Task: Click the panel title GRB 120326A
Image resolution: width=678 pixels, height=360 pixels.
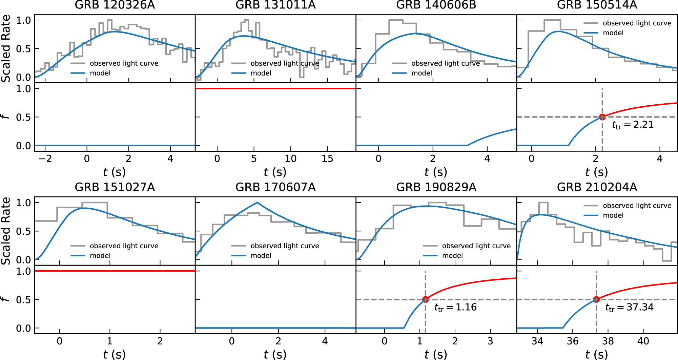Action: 115,5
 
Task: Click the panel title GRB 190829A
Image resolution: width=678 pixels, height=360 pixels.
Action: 436,187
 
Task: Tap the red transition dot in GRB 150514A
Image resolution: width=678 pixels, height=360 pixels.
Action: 602,117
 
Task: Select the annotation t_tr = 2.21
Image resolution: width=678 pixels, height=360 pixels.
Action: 633,125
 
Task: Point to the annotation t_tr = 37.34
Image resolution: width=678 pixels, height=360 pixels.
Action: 629,308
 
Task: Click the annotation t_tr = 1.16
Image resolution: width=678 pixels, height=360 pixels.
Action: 455,308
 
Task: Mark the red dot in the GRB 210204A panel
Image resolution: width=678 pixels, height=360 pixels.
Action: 596,299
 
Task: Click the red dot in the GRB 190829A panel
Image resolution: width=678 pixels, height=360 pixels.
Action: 425,299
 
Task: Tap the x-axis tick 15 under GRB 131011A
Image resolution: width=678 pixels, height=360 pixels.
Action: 327,159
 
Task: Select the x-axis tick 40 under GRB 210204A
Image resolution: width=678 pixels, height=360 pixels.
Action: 643,341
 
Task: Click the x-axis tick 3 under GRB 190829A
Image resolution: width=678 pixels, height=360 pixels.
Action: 490,341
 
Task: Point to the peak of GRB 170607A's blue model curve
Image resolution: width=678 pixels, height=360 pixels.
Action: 257,203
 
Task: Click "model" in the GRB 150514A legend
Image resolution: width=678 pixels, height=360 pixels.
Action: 613,33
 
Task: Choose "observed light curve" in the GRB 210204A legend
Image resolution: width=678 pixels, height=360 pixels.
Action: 637,206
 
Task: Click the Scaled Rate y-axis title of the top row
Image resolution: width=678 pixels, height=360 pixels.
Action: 6,48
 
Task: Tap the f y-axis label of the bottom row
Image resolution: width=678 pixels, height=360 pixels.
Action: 5,299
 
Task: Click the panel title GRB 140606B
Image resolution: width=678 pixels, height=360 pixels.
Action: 436,5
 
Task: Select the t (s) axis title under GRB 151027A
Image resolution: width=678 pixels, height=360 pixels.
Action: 115,354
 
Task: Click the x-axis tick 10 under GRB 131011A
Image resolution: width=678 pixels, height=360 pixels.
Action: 290,159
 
